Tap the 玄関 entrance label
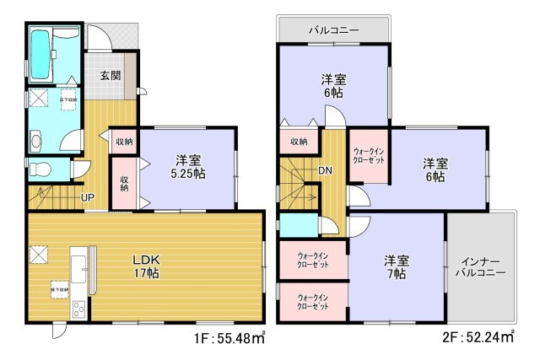pyautogui.click(x=111, y=76)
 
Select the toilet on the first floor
pyautogui.click(x=41, y=170)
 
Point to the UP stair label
pyautogui.click(x=88, y=198)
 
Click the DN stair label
pyautogui.click(x=325, y=173)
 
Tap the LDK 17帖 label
pyautogui.click(x=147, y=266)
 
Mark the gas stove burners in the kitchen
pyautogui.click(x=78, y=309)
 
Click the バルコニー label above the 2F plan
pyautogui.click(x=333, y=30)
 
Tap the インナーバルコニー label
pyautogui.click(x=480, y=267)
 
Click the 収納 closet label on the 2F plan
pyautogui.click(x=298, y=142)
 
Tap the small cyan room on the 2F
pyautogui.click(x=297, y=227)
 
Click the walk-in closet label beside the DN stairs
pyautogui.click(x=368, y=156)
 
